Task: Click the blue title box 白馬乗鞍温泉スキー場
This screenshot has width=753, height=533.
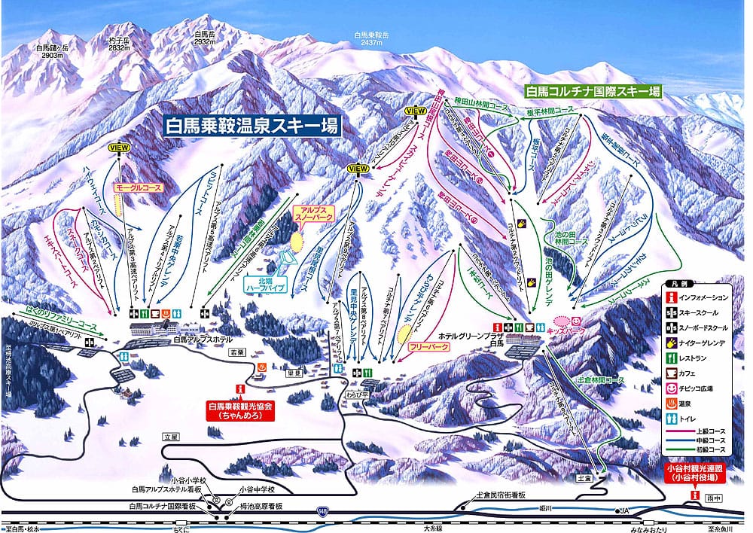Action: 252,125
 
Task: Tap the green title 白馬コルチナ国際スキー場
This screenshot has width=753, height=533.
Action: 593,91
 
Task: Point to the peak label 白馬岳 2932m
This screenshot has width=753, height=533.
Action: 205,38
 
